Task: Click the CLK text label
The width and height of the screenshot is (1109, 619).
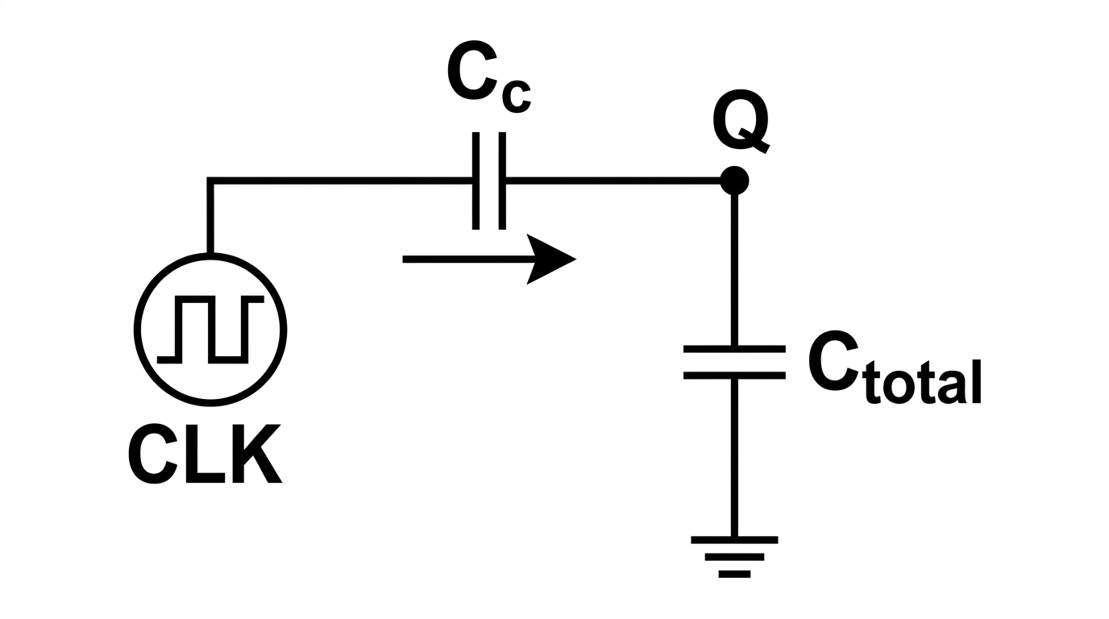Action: coord(205,454)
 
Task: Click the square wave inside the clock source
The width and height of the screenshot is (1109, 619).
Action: coord(210,330)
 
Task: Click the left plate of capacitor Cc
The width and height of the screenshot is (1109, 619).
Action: coord(476,181)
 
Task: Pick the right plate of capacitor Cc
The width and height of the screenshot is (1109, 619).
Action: coord(502,181)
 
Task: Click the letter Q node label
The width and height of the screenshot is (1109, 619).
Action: coord(741,122)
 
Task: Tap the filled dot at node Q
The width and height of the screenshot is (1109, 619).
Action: coord(734,181)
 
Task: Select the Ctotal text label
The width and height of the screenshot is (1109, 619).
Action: coord(894,368)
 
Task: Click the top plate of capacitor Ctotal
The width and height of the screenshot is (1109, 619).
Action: coord(734,349)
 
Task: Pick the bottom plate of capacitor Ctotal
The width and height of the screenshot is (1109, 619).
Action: coord(734,376)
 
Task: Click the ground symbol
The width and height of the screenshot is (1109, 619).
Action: coord(734,557)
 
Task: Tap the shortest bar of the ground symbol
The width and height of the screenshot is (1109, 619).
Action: coord(734,575)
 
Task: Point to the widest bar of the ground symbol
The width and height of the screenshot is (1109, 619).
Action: coord(734,540)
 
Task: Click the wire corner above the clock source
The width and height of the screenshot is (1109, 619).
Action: coord(210,181)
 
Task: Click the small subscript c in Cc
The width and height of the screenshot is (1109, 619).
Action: coord(517,96)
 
